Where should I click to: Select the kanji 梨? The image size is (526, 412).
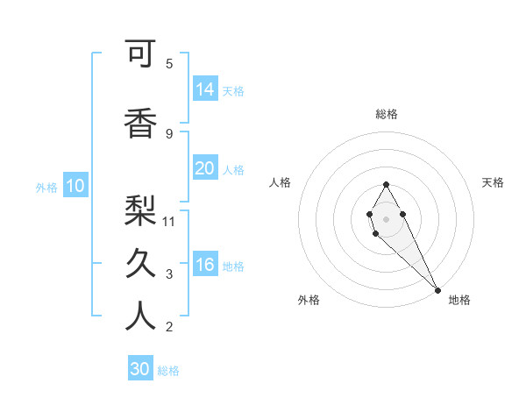pos(140,209)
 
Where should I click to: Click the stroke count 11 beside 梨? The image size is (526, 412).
pos(170,221)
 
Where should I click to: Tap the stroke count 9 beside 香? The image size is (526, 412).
pos(169,133)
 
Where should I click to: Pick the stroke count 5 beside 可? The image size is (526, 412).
pos(169,64)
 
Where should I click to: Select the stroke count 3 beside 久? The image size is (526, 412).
pos(169,274)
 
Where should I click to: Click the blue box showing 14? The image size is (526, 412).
pos(205,89)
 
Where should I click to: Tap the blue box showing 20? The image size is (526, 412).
pos(205,168)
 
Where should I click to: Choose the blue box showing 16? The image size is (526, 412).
pos(205,265)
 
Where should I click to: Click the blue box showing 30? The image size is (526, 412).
pos(140,369)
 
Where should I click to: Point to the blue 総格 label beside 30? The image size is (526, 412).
pos(169,371)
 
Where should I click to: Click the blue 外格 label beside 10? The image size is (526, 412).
pos(46,187)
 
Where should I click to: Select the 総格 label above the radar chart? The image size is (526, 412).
pos(387,114)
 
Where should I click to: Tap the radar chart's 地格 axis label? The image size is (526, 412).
pos(459,300)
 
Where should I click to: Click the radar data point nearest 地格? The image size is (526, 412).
pos(437,289)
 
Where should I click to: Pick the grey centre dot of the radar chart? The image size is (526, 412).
pos(386,218)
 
